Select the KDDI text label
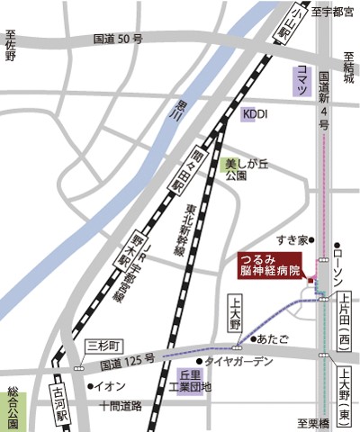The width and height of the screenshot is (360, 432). [256, 114]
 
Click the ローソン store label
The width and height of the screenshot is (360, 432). [346, 265]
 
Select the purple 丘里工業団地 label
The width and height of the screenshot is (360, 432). [195, 381]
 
